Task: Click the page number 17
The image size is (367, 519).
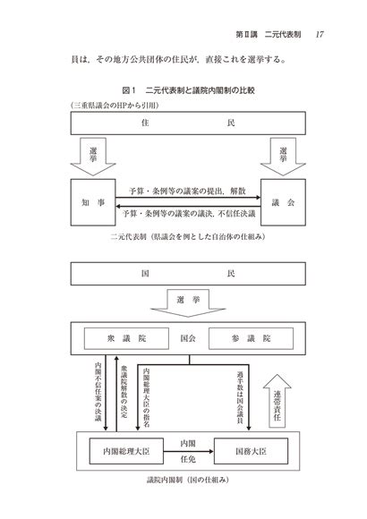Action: (320, 34)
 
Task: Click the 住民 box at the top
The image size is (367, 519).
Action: (188, 123)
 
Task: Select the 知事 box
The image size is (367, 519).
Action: (93, 202)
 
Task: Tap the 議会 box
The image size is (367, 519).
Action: (283, 202)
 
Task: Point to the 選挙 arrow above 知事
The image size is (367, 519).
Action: (93, 157)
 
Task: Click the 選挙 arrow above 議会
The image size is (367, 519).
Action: (283, 157)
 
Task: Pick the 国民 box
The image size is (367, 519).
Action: (188, 274)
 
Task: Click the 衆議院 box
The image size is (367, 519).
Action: (126, 338)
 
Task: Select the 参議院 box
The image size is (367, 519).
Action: (251, 338)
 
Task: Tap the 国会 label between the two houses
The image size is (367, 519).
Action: (188, 338)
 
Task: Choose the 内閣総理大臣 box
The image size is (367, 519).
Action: (126, 451)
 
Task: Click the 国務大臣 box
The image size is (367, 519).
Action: (251, 451)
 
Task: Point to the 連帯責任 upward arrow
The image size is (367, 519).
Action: (277, 401)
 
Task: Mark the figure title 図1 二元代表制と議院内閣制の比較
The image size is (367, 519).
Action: (188, 90)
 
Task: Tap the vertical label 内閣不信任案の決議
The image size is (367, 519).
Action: (98, 392)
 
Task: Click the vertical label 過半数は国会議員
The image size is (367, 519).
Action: (240, 397)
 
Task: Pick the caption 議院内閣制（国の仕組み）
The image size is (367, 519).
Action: (188, 480)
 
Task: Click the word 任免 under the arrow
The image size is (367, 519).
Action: (188, 459)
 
